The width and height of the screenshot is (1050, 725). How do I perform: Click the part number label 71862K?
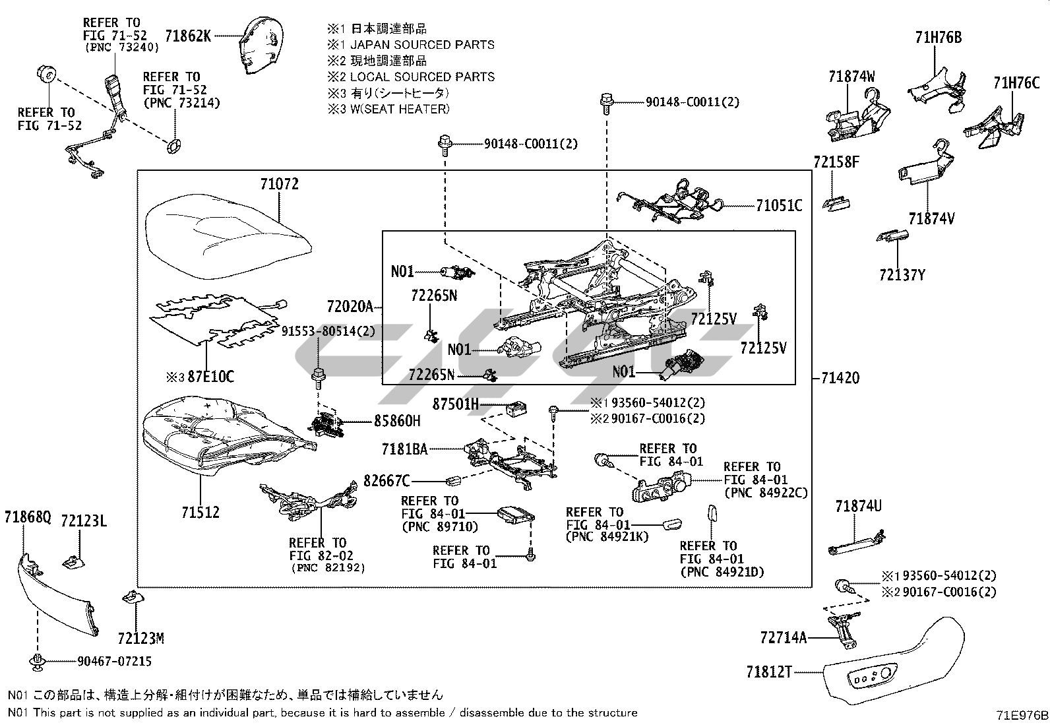188,36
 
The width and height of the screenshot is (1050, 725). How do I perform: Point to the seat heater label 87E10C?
210,377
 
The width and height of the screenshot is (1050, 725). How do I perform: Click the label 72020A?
350,307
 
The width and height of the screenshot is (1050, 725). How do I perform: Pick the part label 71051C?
779,206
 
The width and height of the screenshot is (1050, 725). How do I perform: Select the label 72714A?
783,638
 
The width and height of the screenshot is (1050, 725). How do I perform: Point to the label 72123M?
140,639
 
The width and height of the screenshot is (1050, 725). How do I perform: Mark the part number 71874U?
858,507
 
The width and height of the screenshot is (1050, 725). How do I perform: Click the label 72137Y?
902,275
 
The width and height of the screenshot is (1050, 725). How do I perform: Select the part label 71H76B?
938,38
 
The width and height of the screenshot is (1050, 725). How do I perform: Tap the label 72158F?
836,162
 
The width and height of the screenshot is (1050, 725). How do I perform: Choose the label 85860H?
397,420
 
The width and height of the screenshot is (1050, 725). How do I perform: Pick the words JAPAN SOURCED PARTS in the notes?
422,45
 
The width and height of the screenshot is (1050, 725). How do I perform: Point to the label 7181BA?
404,449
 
